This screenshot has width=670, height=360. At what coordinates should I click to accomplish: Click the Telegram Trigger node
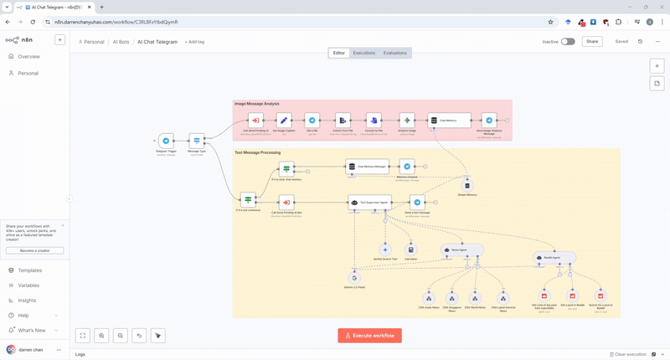click(166, 141)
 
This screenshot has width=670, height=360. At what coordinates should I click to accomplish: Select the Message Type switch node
click(197, 141)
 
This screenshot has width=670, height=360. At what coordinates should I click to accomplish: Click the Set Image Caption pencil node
click(284, 121)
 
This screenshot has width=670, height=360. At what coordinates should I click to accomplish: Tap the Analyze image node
click(407, 121)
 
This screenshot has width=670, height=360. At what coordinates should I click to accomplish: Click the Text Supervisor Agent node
click(370, 202)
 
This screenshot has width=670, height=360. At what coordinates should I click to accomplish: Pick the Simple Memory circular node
click(467, 186)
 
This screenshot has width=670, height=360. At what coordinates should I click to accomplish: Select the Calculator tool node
click(410, 249)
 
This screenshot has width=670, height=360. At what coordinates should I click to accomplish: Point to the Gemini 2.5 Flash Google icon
click(354, 278)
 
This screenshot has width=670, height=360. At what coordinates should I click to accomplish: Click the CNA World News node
click(475, 298)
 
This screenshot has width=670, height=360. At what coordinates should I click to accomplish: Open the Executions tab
click(364, 53)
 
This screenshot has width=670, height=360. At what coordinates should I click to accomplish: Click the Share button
click(592, 41)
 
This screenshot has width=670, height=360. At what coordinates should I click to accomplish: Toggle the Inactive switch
click(568, 41)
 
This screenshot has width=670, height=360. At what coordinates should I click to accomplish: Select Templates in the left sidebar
click(29, 270)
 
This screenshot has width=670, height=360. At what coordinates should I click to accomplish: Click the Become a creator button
click(34, 250)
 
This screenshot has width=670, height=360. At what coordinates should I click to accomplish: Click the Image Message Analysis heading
click(257, 104)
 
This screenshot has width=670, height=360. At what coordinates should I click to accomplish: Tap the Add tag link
click(194, 42)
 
